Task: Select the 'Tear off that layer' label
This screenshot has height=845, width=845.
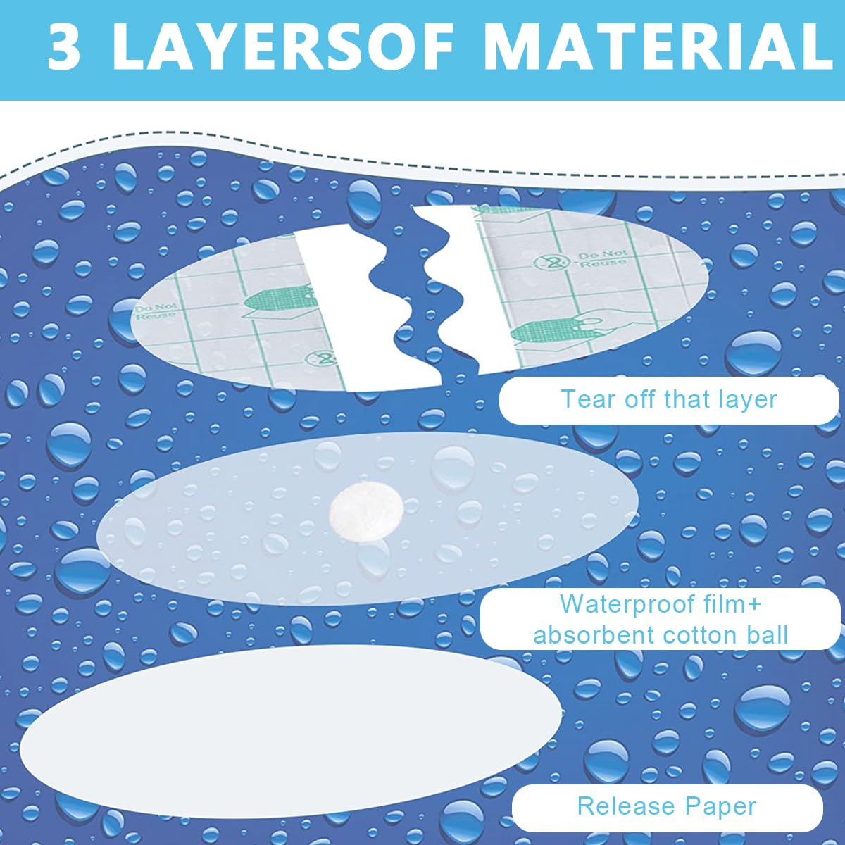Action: (x=669, y=399)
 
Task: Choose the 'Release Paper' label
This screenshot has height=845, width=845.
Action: (x=667, y=806)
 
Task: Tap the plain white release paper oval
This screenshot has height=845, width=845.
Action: (x=291, y=728)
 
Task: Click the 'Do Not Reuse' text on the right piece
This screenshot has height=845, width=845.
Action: (x=603, y=258)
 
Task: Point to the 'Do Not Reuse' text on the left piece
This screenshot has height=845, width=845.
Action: (x=155, y=310)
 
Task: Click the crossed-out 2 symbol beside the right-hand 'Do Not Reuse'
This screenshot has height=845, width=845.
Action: (x=546, y=262)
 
